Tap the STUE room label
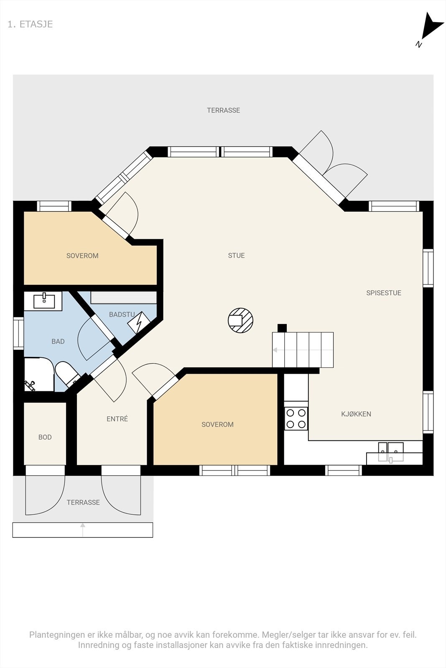click(236, 256)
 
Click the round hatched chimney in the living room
click(240, 320)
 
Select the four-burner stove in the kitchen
click(296, 419)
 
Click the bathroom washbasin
click(44, 301)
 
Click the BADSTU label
click(122, 314)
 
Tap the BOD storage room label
click(45, 437)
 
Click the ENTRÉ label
click(117, 419)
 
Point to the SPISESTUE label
click(383, 293)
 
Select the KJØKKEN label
click(356, 414)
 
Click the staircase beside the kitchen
click(303, 349)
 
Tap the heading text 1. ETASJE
click(30, 24)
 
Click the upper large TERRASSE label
click(223, 110)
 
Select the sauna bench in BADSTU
click(123, 297)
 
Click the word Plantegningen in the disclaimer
click(57, 635)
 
